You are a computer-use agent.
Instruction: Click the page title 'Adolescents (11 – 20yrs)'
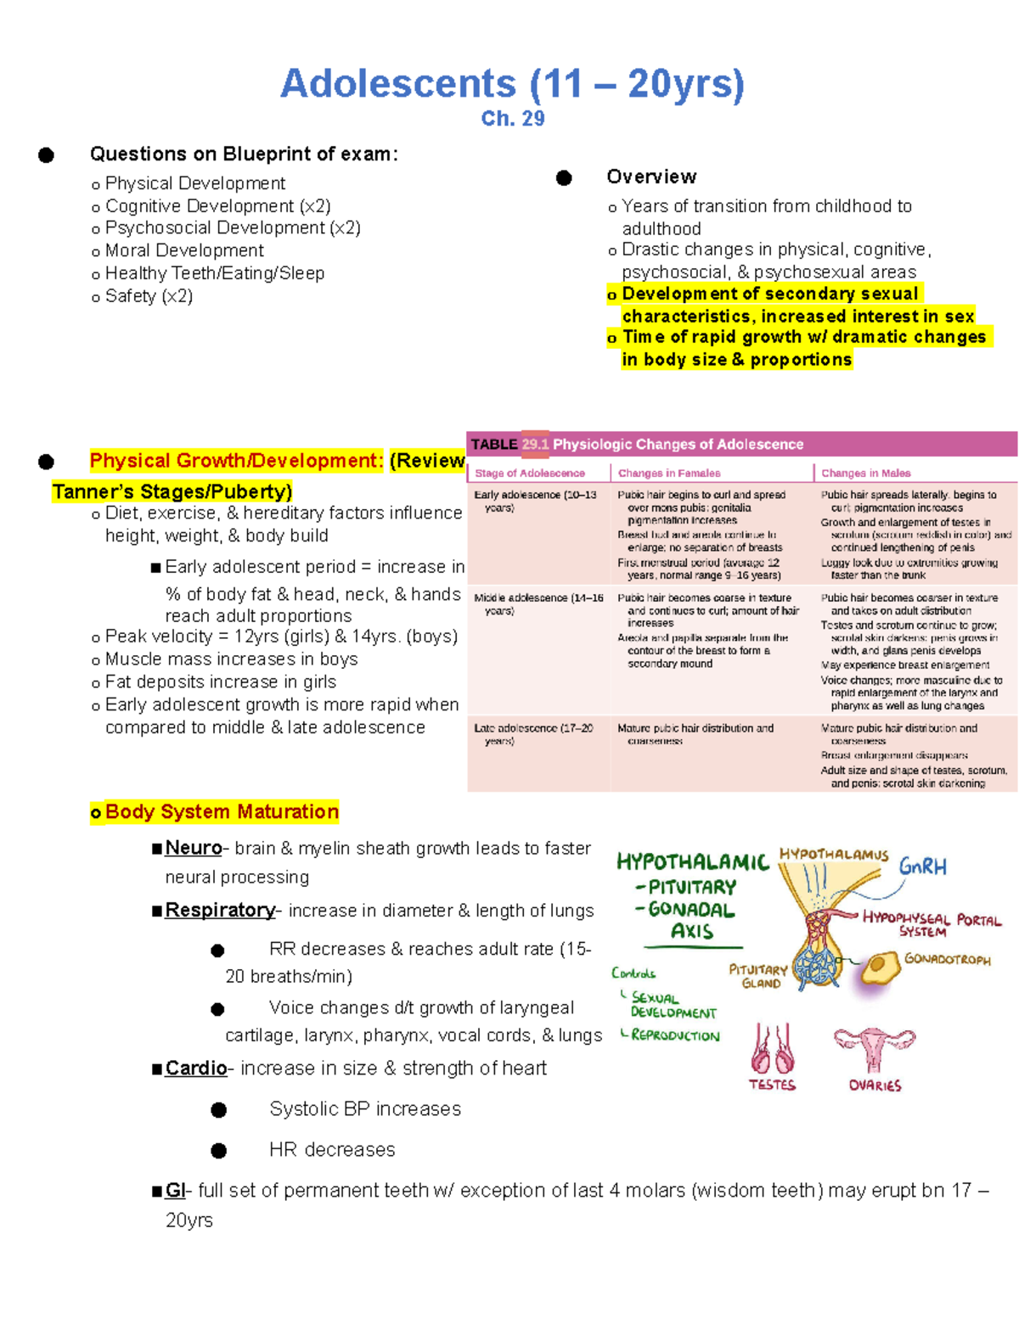[512, 84]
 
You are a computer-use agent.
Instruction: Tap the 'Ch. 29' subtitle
[512, 119]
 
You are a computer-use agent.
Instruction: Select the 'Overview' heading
[651, 177]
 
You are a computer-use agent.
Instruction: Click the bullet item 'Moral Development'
[183, 250]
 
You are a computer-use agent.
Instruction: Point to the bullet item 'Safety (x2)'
[149, 296]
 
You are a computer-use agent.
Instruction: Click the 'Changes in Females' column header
[669, 473]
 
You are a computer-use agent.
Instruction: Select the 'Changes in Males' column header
[865, 473]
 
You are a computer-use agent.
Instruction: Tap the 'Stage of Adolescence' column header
[530, 473]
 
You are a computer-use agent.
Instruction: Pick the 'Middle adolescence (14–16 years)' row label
[538, 603]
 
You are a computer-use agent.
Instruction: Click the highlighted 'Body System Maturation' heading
[221, 812]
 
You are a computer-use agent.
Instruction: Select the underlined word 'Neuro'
[193, 848]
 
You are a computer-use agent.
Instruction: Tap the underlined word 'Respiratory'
[220, 910]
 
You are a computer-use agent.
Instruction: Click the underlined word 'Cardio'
[196, 1068]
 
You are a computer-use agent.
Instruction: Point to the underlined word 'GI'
[175, 1190]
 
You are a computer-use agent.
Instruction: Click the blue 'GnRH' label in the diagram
[922, 867]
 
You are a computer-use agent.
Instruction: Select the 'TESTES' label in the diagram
[772, 1085]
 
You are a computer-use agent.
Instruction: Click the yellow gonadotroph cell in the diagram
[878, 967]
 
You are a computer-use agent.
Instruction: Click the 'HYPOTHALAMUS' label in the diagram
[833, 855]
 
